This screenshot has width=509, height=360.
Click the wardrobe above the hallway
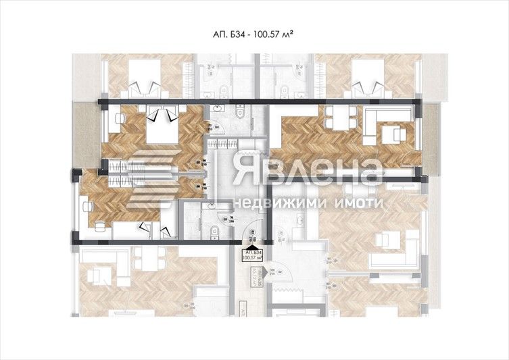(222, 143)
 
